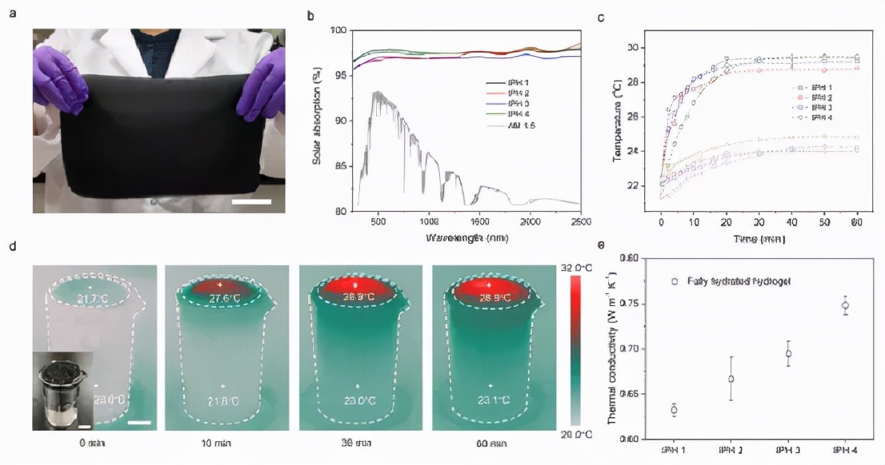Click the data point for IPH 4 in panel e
click(845, 306)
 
